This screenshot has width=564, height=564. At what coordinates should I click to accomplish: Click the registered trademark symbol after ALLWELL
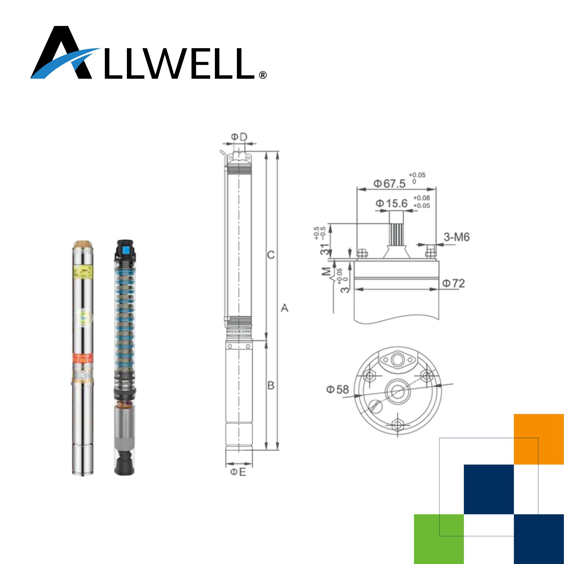click(x=263, y=75)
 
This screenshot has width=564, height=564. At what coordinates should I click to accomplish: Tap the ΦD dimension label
click(x=239, y=137)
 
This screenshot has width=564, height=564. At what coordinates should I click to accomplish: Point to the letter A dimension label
click(x=284, y=308)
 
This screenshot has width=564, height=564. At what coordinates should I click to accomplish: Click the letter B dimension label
click(x=271, y=385)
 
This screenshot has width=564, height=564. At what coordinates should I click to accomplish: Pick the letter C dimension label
click(x=271, y=255)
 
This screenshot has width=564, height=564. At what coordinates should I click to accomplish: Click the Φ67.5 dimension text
click(x=390, y=184)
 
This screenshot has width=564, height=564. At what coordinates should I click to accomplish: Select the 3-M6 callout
click(x=457, y=237)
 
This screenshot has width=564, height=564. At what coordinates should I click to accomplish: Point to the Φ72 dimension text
click(x=453, y=283)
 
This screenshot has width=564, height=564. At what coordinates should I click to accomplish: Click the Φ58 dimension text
click(x=338, y=389)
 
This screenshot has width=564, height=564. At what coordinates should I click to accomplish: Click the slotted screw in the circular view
click(x=376, y=406)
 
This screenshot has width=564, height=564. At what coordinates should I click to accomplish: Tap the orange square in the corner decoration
click(x=539, y=439)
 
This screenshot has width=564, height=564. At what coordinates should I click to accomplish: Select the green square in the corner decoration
click(x=439, y=539)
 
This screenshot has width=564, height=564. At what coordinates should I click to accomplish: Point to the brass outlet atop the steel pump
click(x=83, y=243)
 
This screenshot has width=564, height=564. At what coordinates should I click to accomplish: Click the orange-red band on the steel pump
click(x=83, y=358)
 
